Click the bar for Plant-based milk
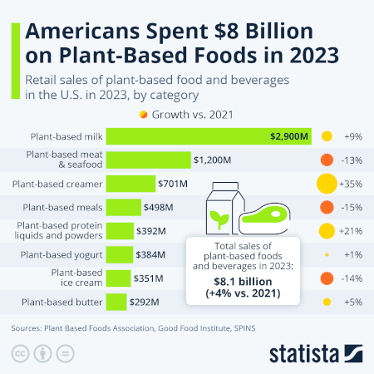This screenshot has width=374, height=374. (x=208, y=135)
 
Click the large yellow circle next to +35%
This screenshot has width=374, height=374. (x=327, y=183)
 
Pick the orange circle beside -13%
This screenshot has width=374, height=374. (x=327, y=160)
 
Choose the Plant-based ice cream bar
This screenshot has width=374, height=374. (x=117, y=278)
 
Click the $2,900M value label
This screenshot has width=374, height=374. (x=288, y=135)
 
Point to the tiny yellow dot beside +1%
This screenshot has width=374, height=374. (x=327, y=254)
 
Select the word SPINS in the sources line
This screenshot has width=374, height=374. (x=240, y=328)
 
